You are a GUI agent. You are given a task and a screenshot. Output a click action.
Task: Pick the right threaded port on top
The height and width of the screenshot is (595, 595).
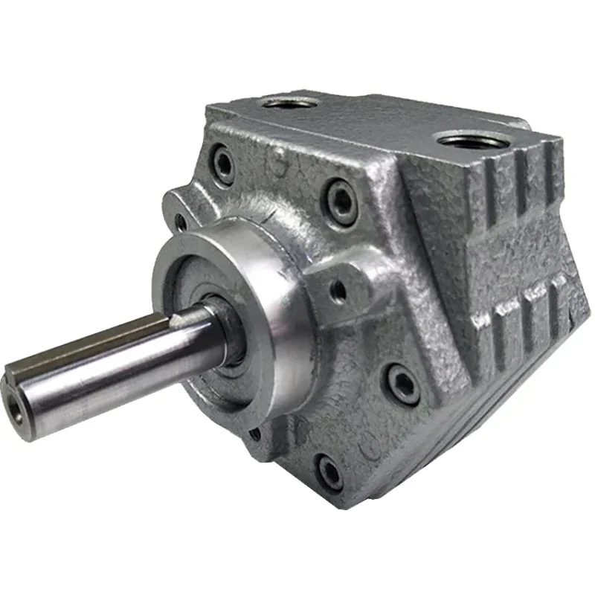(x=468, y=139)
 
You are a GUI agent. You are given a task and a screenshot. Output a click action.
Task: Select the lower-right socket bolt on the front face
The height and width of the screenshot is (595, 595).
(x=402, y=386)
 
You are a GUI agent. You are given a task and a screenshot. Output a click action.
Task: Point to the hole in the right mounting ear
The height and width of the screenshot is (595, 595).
(x=339, y=291)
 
